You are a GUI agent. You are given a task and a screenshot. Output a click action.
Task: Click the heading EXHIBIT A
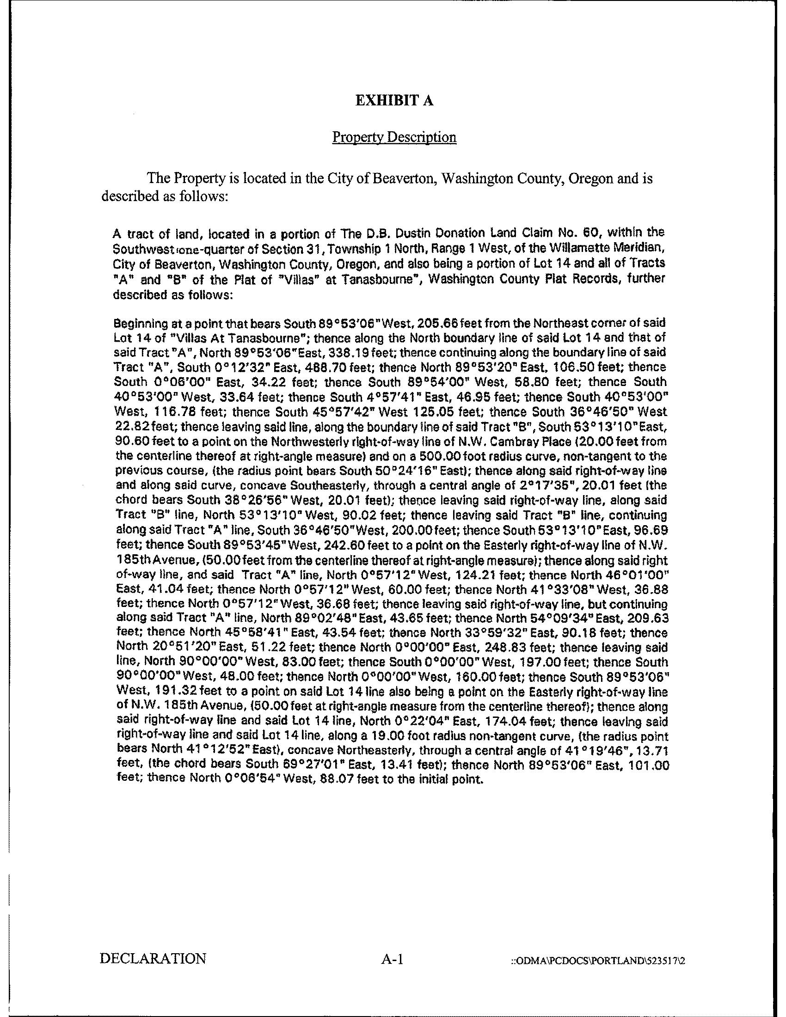(x=394, y=101)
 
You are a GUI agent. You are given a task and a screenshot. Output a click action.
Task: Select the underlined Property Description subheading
(x=394, y=137)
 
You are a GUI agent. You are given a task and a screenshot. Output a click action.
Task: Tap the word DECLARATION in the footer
(x=153, y=959)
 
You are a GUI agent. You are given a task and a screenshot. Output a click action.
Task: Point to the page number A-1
(x=394, y=959)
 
